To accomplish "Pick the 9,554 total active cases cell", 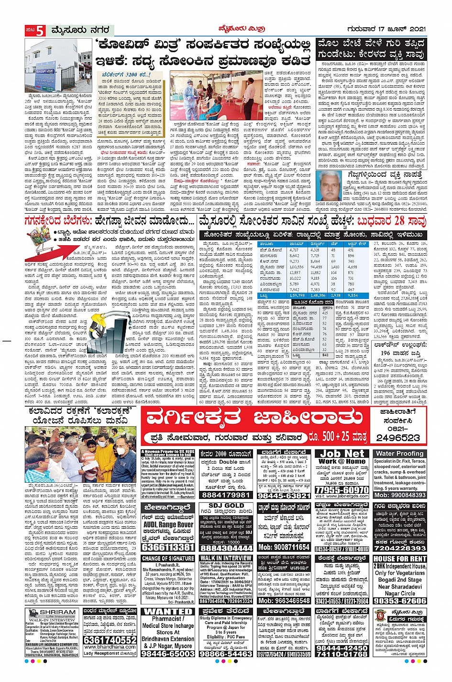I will click(x=352, y=296).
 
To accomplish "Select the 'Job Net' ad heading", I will click(x=342, y=454).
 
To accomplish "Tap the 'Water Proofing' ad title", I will click(x=400, y=454).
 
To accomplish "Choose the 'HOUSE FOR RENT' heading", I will click(x=400, y=558).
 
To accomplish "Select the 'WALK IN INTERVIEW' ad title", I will click(x=225, y=558).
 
